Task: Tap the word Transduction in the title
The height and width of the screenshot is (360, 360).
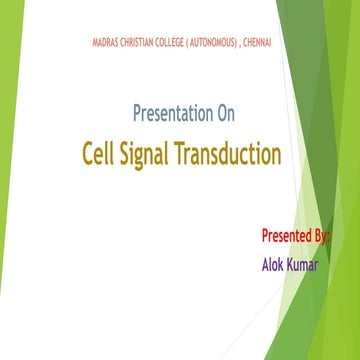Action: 231,155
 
